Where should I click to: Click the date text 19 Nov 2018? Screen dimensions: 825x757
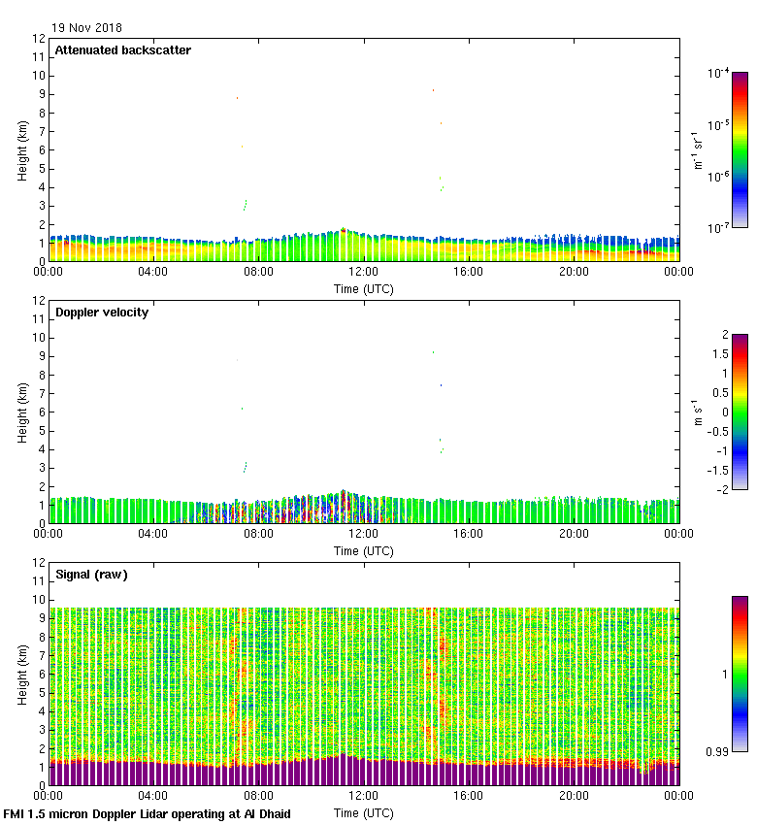pos(88,28)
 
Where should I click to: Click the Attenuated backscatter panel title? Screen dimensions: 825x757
pos(122,50)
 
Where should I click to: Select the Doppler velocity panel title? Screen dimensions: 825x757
pos(102,313)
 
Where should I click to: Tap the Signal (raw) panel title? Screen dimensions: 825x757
pos(91,575)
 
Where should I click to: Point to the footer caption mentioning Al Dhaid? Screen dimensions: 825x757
pos(148,814)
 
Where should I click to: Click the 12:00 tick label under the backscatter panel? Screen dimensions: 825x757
pos(363,273)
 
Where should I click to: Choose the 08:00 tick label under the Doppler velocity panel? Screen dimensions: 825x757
pos(258,535)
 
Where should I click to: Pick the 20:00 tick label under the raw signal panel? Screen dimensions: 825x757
pos(574,797)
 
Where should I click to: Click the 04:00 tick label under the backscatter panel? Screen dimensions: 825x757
pos(153,273)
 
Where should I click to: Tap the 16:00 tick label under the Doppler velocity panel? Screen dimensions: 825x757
pos(469,535)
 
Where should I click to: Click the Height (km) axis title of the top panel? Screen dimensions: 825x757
pos(21,149)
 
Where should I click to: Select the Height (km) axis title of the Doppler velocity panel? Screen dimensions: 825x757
pos(21,412)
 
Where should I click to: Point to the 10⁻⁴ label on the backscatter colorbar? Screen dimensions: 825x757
pos(718,73)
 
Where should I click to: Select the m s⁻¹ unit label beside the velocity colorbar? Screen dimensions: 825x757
pos(696,412)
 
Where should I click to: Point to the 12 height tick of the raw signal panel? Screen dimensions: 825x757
pos(40,563)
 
